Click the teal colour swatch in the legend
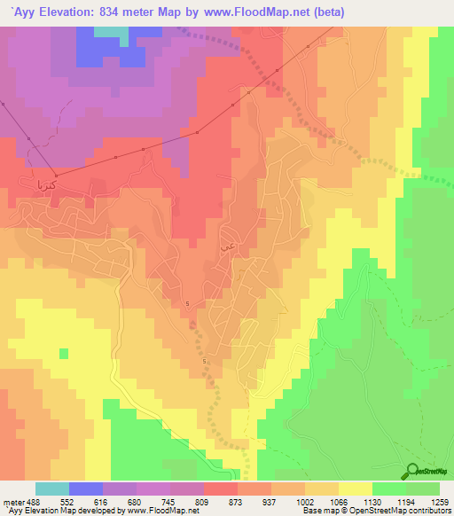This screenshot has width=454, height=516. click(x=52, y=489)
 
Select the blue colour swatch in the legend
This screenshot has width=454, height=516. click(x=86, y=489)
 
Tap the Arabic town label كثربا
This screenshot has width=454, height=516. click(x=45, y=186)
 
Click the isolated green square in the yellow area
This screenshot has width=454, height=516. click(x=63, y=354)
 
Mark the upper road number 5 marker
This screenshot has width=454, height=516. click(x=189, y=304)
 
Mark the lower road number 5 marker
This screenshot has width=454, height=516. click(x=204, y=361)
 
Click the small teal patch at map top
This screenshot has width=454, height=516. click(x=110, y=32)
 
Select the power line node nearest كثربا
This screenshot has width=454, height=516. click(x=56, y=174)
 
